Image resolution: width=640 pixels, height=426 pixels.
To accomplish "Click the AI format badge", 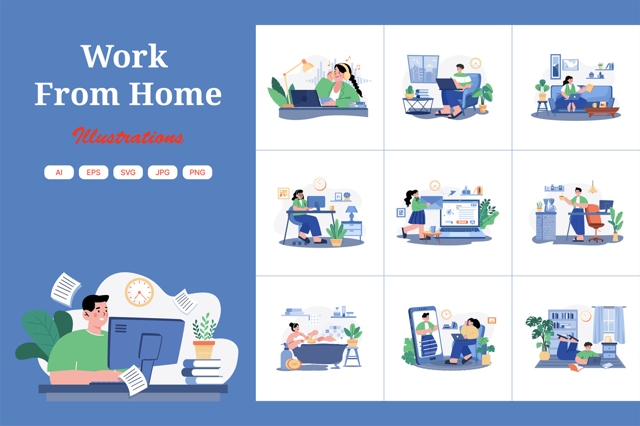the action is pyautogui.click(x=59, y=173).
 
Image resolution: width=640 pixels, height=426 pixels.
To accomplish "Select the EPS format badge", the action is pyautogui.click(x=94, y=173).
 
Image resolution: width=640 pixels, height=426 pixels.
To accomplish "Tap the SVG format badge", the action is pyautogui.click(x=128, y=173).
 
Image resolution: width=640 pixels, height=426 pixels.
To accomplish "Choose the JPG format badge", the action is pyautogui.click(x=162, y=173).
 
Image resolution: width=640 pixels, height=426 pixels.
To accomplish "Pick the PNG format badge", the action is pyautogui.click(x=198, y=173).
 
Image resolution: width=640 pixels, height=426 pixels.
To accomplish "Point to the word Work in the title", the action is pyautogui.click(x=124, y=56).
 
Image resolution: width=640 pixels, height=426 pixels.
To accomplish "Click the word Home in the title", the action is pyautogui.click(x=176, y=94).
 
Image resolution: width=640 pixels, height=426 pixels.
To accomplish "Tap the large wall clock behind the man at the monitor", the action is pyautogui.click(x=140, y=292).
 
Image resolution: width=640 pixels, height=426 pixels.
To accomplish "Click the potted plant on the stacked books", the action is pyautogui.click(x=204, y=337).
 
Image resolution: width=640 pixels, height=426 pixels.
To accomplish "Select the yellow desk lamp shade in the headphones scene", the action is pyautogui.click(x=307, y=66).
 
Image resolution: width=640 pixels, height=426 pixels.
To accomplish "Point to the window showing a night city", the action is pyautogui.click(x=423, y=69).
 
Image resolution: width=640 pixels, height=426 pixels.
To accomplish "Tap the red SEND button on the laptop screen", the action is pyautogui.click(x=462, y=222).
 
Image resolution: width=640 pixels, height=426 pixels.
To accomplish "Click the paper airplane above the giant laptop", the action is pyautogui.click(x=452, y=193).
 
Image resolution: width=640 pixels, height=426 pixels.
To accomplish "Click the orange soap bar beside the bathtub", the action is pyautogui.click(x=294, y=364).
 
